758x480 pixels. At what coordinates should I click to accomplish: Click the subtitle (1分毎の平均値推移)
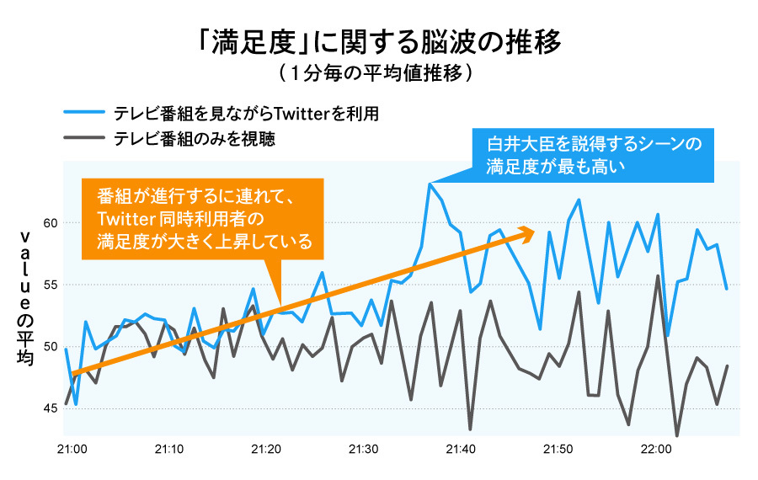click(x=378, y=73)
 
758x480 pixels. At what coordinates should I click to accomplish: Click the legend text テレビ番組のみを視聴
click(x=195, y=138)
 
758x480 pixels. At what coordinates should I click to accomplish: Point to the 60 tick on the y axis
click(x=50, y=223)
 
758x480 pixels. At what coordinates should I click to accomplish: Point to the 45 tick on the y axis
click(x=50, y=409)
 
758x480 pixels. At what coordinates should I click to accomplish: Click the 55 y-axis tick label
click(x=50, y=285)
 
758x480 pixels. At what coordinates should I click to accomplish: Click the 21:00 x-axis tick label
click(x=72, y=449)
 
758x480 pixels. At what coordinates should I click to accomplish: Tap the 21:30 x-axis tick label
click(x=364, y=449)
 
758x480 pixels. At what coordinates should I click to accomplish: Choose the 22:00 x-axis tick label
click(x=656, y=449)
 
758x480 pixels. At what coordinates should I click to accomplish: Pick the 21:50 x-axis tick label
click(x=558, y=449)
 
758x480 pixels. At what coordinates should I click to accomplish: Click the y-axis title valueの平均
click(x=24, y=299)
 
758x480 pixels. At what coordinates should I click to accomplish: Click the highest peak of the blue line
click(x=430, y=184)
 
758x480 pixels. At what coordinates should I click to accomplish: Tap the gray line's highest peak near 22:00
click(x=658, y=275)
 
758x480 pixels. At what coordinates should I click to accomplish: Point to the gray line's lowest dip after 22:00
click(x=677, y=435)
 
